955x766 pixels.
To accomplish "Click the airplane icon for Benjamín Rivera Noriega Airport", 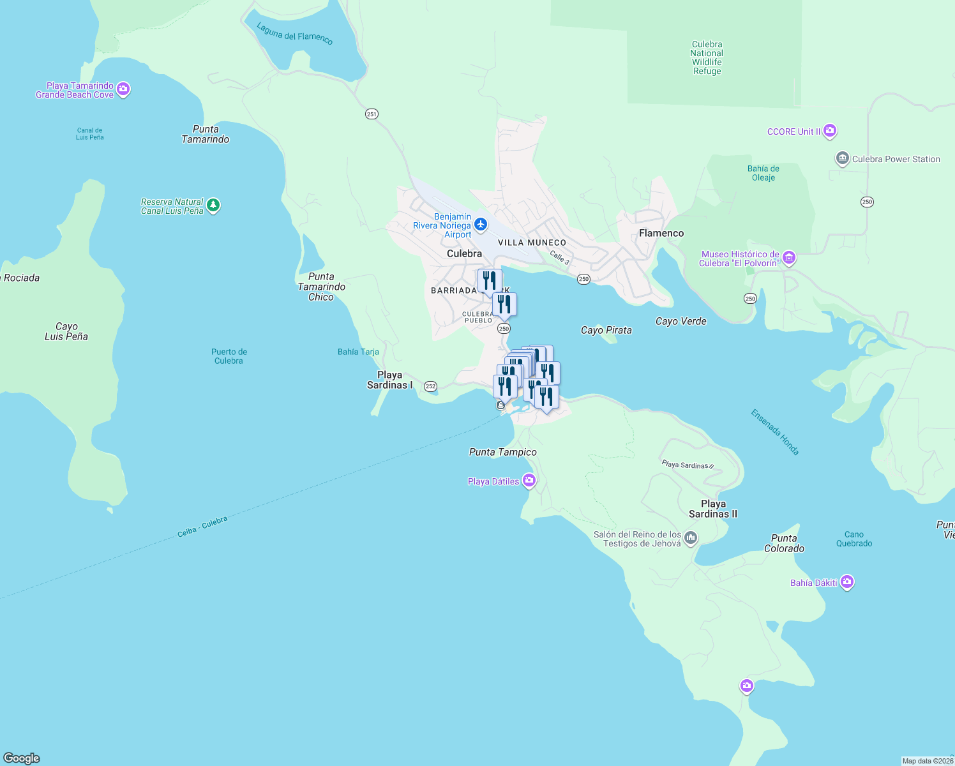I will pyautogui.click(x=481, y=224).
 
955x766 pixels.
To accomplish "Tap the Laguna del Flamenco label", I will pyautogui.click(x=294, y=33).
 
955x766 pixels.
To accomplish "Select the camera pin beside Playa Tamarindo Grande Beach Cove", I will pyautogui.click(x=124, y=89).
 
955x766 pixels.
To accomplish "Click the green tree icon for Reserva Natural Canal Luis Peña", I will pyautogui.click(x=213, y=206).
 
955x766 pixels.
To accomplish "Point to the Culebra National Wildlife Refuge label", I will pyautogui.click(x=707, y=58).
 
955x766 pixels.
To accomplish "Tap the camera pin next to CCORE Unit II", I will pyautogui.click(x=829, y=131).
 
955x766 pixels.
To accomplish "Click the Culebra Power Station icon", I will pyautogui.click(x=842, y=158).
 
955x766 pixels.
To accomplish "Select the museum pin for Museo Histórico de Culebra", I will pyautogui.click(x=789, y=257).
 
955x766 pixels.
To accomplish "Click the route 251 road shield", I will pyautogui.click(x=372, y=114).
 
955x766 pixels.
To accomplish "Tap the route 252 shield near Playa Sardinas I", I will pyautogui.click(x=430, y=386).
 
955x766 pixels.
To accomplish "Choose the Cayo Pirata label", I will pyautogui.click(x=606, y=330).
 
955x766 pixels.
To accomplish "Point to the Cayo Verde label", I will pyautogui.click(x=681, y=321).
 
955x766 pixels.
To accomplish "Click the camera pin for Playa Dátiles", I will pyautogui.click(x=529, y=480).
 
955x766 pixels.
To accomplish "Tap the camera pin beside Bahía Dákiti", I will pyautogui.click(x=847, y=582).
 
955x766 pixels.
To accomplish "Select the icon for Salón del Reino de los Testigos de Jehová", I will pyautogui.click(x=690, y=538).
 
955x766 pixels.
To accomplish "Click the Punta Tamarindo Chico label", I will pyautogui.click(x=321, y=287).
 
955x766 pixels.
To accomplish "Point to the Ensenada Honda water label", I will pyautogui.click(x=774, y=432).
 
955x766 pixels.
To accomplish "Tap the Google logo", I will pyautogui.click(x=22, y=758).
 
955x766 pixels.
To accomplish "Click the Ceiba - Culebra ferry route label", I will pyautogui.click(x=202, y=527).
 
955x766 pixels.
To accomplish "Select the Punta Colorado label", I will pyautogui.click(x=784, y=543).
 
